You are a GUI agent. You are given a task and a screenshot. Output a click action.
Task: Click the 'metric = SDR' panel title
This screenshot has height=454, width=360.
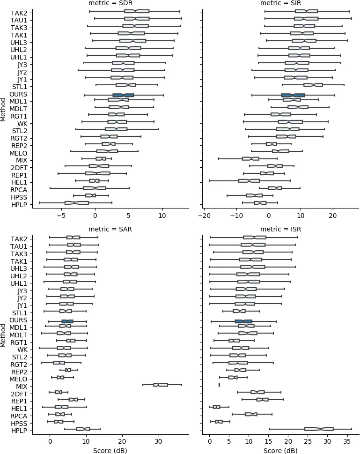(110, 4)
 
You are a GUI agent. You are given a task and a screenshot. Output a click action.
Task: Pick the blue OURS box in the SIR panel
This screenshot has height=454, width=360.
(293, 95)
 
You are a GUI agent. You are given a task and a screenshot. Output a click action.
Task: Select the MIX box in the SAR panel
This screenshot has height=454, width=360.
(161, 385)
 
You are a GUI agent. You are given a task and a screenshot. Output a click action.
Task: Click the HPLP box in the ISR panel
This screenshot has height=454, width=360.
(319, 429)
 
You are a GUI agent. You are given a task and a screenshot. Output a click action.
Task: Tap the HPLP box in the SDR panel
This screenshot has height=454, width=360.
(77, 203)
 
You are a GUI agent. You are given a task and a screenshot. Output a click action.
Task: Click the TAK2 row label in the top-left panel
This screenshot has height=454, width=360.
(19, 13)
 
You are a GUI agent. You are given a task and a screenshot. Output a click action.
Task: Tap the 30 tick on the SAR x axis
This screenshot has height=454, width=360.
(158, 442)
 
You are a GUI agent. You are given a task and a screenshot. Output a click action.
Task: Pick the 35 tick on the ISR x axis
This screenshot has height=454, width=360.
(345, 442)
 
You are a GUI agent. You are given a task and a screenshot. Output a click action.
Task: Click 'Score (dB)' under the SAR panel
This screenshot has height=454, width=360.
(110, 450)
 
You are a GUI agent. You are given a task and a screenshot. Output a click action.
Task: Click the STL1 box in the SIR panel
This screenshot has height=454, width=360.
(313, 85)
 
